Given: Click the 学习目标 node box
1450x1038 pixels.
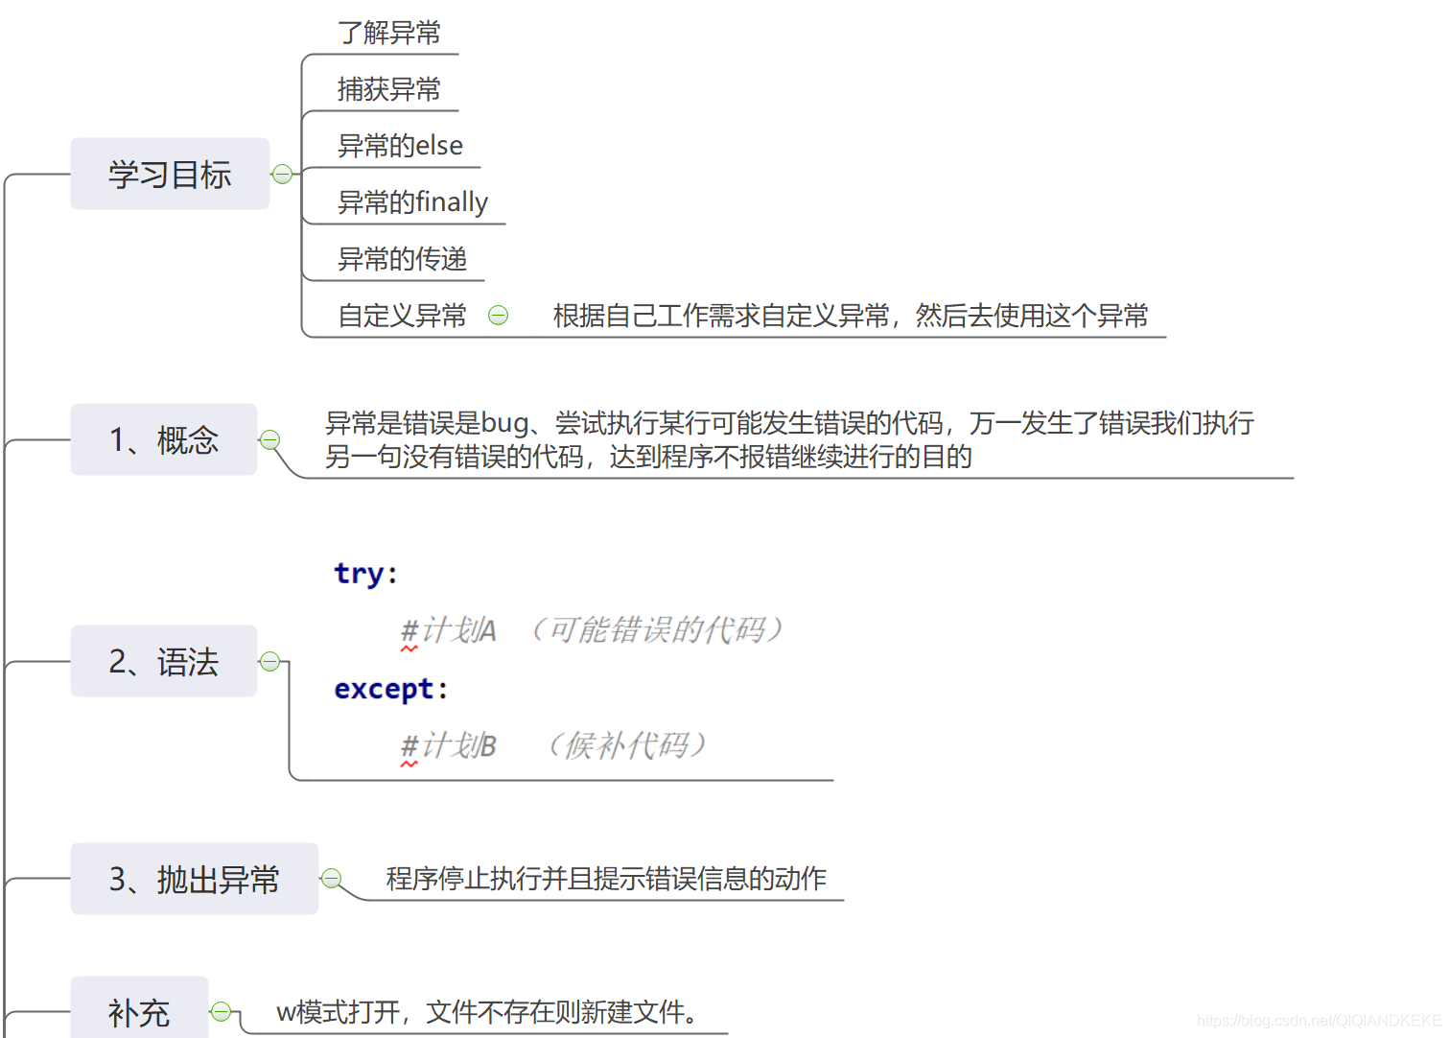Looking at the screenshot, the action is pos(170,174).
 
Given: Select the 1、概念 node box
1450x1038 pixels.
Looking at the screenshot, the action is pos(164,439).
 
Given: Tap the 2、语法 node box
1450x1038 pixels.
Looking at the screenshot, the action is pos(164,661).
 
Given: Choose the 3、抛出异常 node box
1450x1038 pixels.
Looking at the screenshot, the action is pos(194,879).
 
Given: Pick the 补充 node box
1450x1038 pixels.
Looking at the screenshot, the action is pos(139,1010).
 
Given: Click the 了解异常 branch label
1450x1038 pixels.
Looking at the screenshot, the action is pos(388,33).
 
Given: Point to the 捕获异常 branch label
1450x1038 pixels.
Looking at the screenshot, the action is pos(388,89).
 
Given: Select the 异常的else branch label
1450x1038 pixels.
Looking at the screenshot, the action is pos(400,146).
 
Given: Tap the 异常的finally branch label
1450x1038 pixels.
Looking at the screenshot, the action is pos(412,202).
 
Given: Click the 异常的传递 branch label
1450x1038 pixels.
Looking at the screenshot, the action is pos(402,259).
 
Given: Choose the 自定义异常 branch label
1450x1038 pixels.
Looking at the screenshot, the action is pos(402,316).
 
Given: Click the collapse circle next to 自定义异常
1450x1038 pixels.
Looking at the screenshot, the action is pos(499,315).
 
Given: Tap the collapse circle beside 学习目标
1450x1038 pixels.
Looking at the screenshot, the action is pos(282,174).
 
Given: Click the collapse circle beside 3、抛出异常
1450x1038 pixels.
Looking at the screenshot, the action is pos(332,878).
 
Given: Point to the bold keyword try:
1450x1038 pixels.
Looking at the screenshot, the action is pos(364,574).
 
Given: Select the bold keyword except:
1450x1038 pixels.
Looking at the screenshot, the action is pos(390,689).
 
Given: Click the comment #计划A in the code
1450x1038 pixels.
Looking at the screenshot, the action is pos(448,630).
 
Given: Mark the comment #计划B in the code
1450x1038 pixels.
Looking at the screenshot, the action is pos(448,745).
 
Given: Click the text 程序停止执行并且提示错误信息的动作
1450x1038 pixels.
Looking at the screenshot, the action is pos(606,879).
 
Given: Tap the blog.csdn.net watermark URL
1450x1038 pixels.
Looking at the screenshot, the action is pos(1318,1020).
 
